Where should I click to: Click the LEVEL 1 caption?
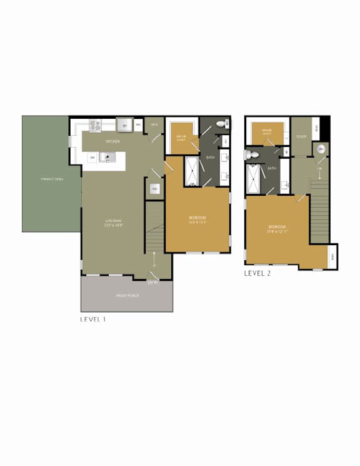click(x=93, y=318)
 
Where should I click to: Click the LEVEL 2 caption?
click(x=257, y=273)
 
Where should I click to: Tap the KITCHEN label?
click(x=112, y=142)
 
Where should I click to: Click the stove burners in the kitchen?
click(x=95, y=125)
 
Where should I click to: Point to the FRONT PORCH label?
click(x=127, y=295)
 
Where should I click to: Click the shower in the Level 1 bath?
click(x=192, y=171)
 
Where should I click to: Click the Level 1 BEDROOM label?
click(x=197, y=218)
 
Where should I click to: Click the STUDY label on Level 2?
click(x=301, y=136)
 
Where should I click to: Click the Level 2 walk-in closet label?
click(x=266, y=133)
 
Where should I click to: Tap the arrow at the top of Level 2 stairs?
click(x=320, y=171)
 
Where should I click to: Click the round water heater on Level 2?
click(x=320, y=149)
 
